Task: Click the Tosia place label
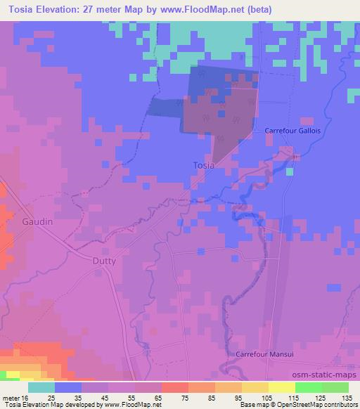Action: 203,165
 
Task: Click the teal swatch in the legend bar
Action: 41,387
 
